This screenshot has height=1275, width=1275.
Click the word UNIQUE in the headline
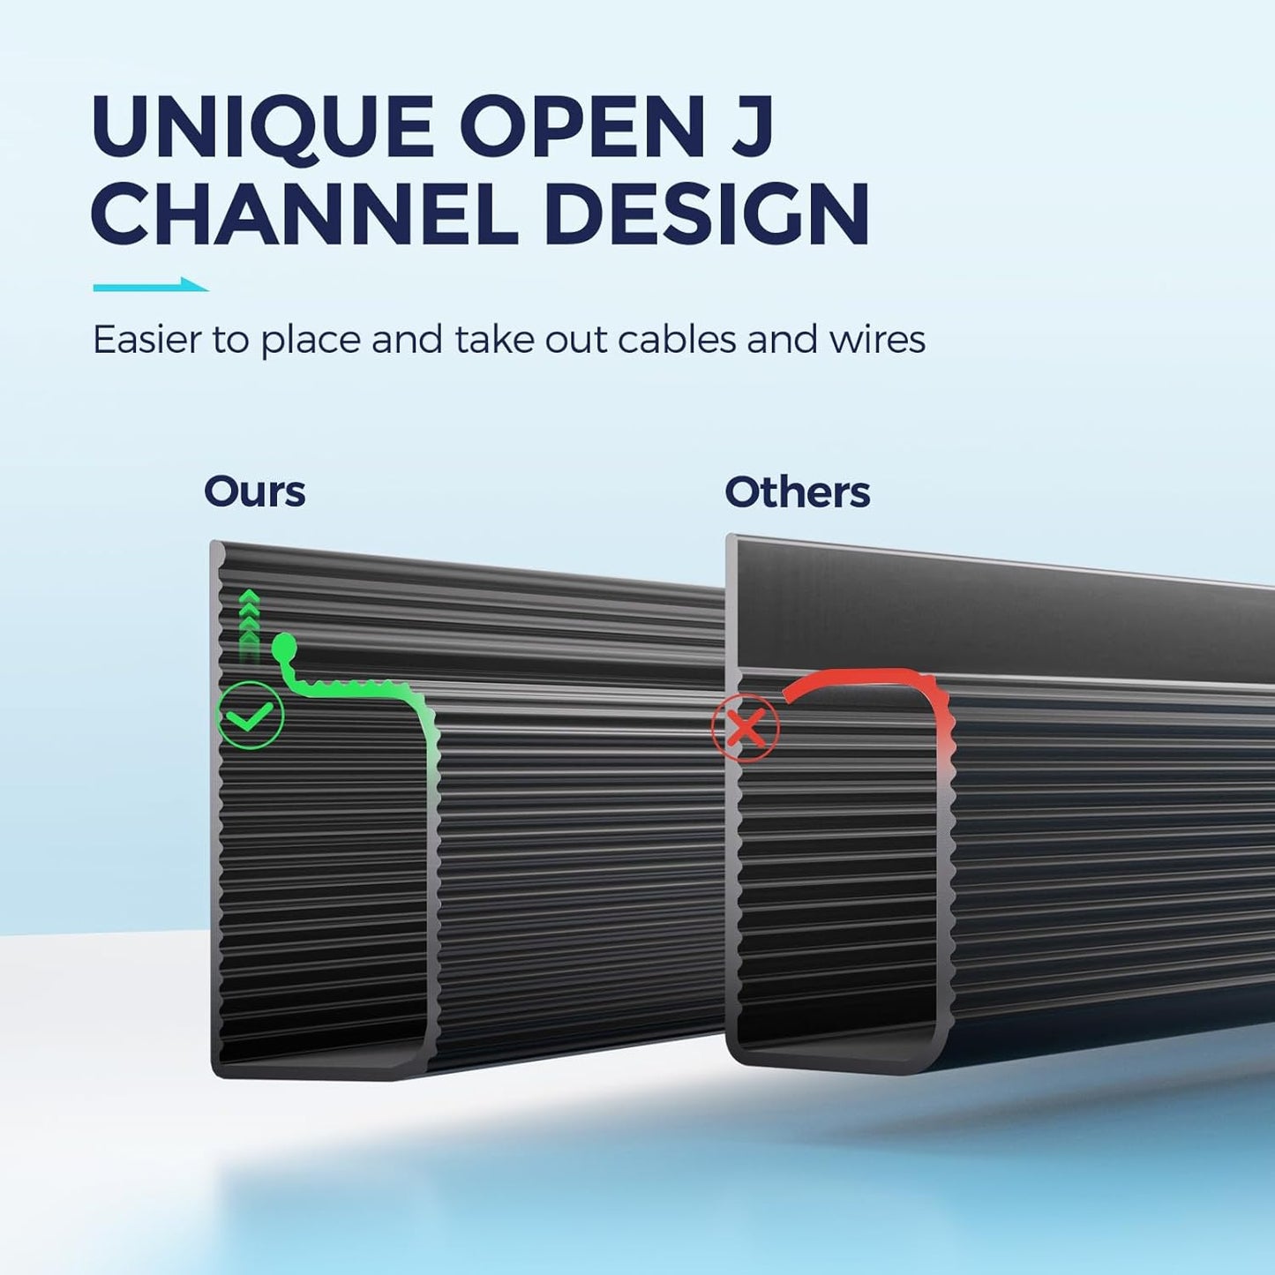click(x=263, y=127)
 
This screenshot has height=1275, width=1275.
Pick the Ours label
click(x=255, y=491)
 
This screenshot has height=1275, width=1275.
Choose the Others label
click(x=798, y=491)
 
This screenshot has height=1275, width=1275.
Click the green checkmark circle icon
click(x=251, y=716)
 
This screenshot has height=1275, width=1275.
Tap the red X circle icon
click(x=746, y=729)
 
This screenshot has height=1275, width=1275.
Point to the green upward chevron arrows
click(x=250, y=624)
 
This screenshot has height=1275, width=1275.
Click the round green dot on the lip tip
click(x=284, y=644)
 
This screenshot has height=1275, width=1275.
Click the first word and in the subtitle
click(x=408, y=340)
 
